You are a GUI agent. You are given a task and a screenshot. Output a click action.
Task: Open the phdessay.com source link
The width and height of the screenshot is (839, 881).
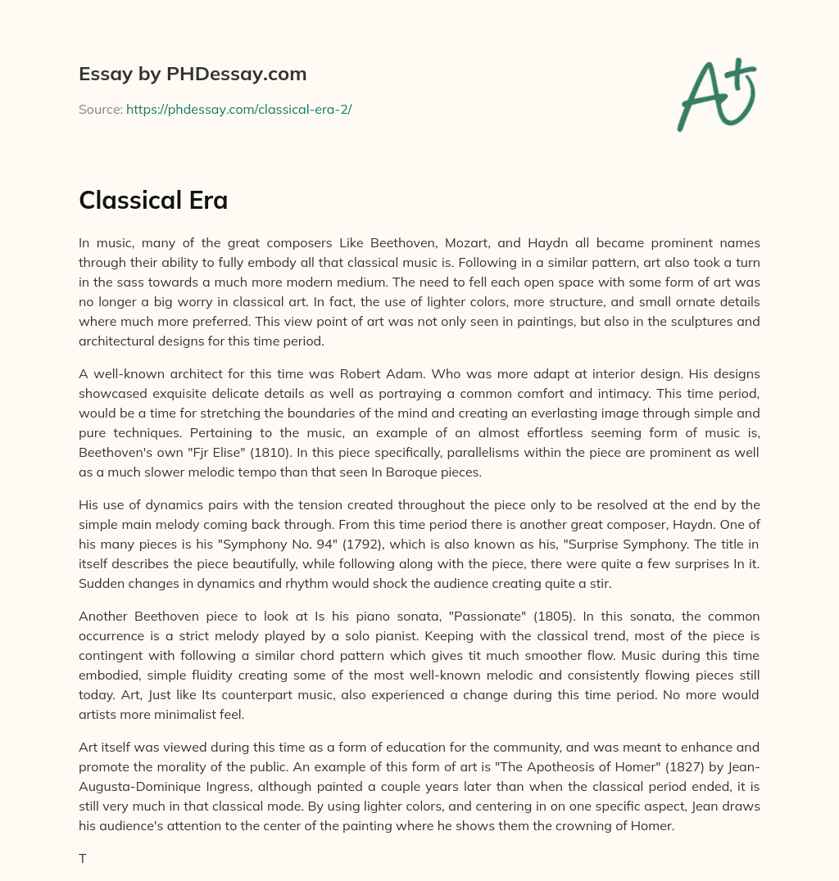click(x=238, y=109)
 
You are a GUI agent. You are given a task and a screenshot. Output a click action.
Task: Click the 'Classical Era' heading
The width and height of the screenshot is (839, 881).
click(x=153, y=201)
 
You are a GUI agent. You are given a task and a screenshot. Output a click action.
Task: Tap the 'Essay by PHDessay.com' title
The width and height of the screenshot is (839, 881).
click(x=193, y=75)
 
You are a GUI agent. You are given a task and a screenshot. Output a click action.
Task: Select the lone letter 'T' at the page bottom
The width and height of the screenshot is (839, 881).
click(x=82, y=859)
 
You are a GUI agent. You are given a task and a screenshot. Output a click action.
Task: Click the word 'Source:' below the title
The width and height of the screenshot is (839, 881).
click(x=101, y=109)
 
